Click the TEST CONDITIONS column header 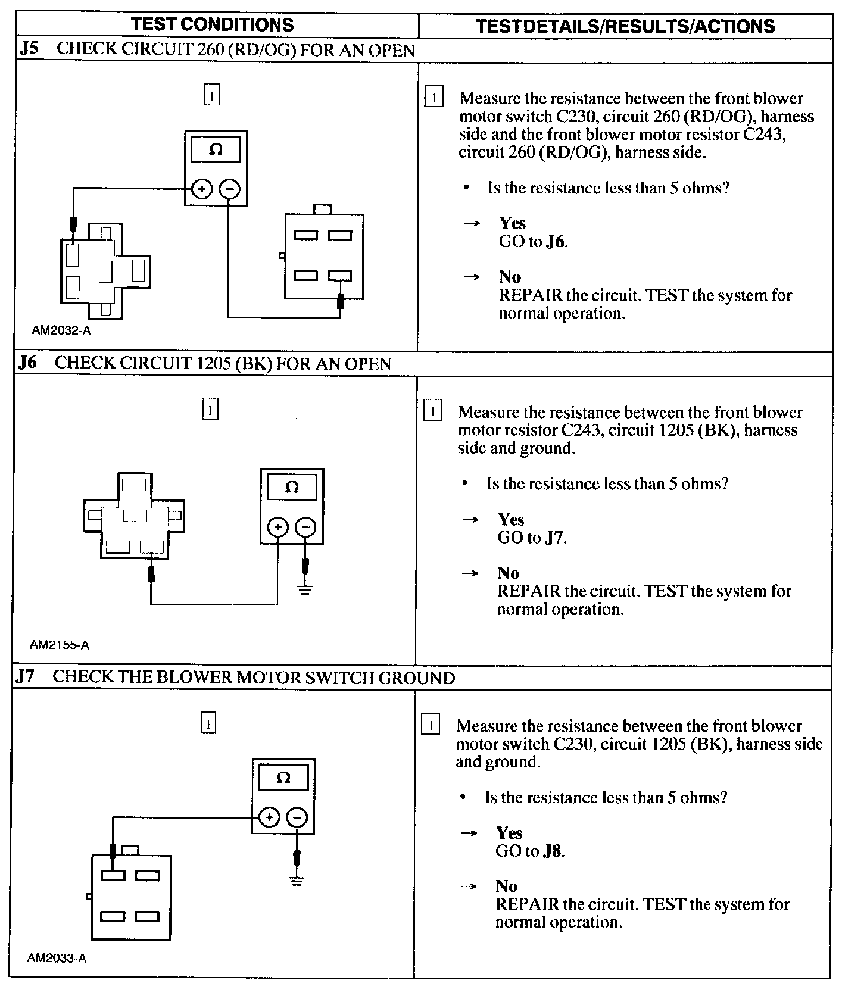(212, 24)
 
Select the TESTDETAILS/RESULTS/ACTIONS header (626, 26)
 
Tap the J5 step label (29, 49)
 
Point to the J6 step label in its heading (27, 363)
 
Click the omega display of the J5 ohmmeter (216, 149)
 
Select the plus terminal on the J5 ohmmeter (202, 189)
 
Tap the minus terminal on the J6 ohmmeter (305, 527)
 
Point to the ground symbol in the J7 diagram (296, 879)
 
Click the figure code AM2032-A (61, 330)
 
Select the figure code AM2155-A (60, 645)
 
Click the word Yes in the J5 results (513, 223)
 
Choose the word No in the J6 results (509, 573)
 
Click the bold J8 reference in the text (553, 851)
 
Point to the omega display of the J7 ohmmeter (284, 778)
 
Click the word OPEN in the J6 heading (367, 364)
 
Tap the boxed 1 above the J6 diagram (210, 410)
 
